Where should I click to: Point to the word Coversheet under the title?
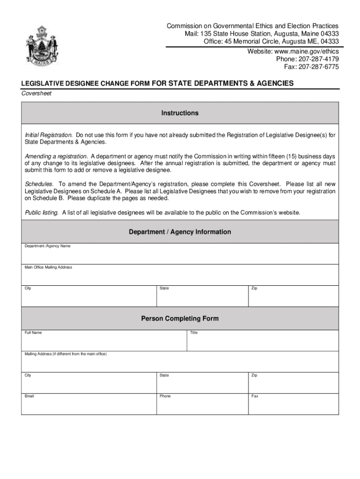tap(36, 93)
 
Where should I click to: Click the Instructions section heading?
tap(180, 113)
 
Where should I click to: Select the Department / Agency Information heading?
tap(180, 232)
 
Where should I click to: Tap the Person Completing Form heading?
tap(180, 319)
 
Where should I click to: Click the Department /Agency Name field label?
tap(47, 246)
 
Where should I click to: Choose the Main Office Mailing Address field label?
tap(48, 267)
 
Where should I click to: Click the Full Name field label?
tap(33, 333)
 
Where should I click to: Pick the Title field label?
tap(194, 333)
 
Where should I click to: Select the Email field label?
tap(29, 396)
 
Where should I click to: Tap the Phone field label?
tap(165, 396)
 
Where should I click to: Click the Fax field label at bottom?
tap(255, 396)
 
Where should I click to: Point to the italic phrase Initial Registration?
tap(49, 135)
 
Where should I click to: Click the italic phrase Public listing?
tap(42, 212)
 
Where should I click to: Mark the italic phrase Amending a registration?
tap(56, 156)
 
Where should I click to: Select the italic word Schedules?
tap(39, 184)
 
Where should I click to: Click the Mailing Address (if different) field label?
tap(65, 354)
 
